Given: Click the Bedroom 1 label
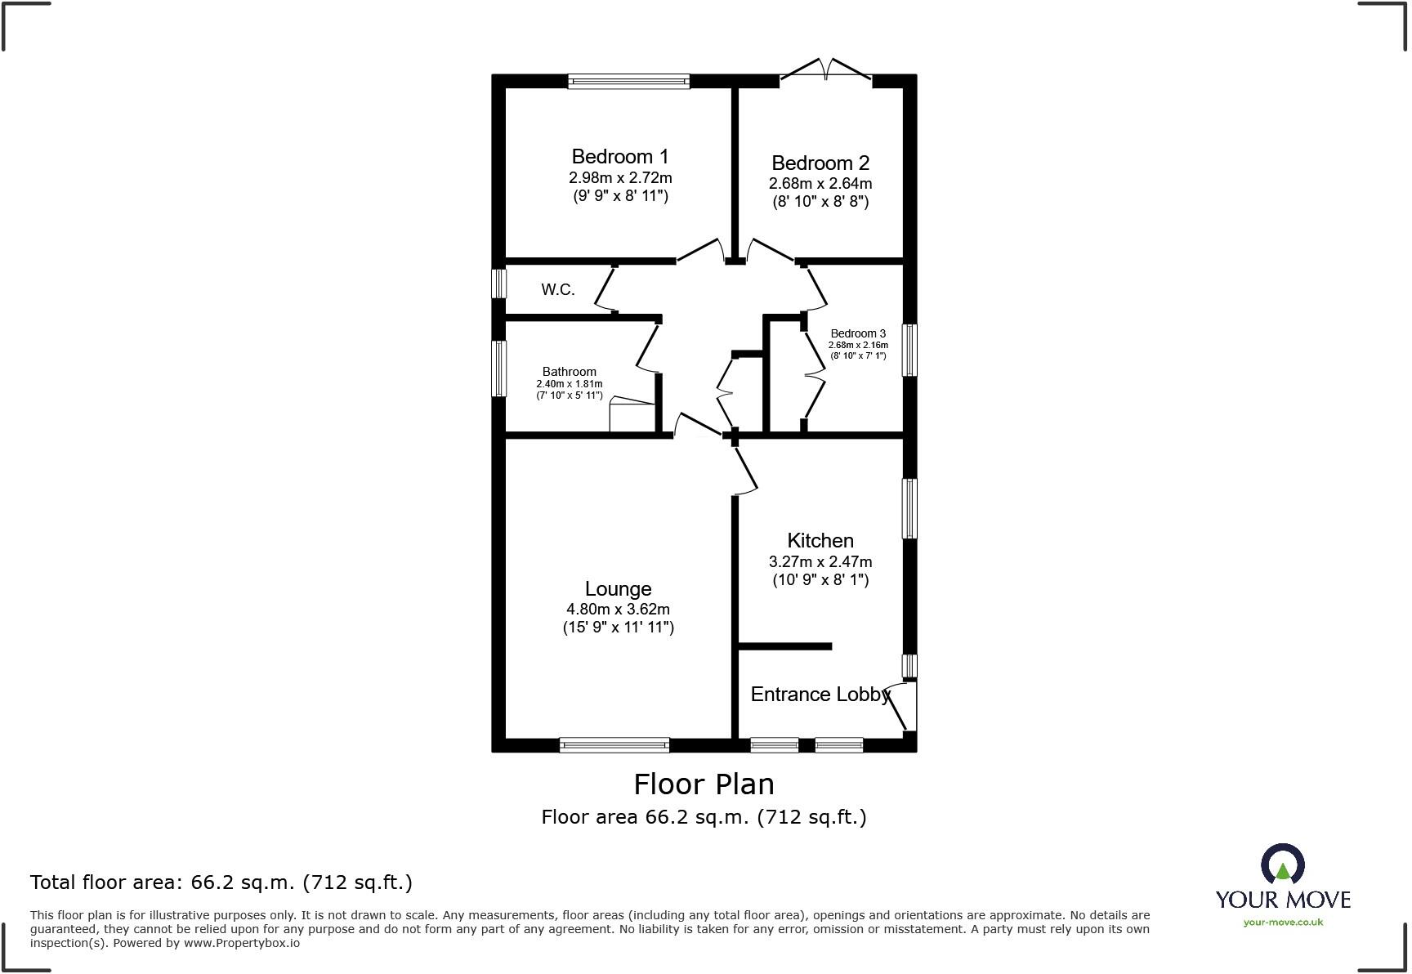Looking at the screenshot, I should click(619, 156).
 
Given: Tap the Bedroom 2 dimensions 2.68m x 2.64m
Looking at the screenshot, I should click(820, 184).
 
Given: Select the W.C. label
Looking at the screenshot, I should click(558, 289).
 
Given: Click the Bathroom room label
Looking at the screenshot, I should click(570, 372).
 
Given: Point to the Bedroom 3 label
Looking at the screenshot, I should click(857, 333).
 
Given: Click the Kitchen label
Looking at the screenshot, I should click(820, 540).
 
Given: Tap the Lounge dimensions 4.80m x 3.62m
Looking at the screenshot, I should click(618, 610).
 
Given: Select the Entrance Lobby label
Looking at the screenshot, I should click(820, 695).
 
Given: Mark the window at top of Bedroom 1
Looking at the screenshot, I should click(629, 81).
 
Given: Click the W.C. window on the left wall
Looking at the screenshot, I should click(498, 284).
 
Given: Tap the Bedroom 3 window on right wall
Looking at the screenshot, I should click(909, 351).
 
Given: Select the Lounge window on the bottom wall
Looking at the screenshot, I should click(614, 744).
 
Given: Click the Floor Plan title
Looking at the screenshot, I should click(704, 784).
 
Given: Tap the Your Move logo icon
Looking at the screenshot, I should click(1282, 865).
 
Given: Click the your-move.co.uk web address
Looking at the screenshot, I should click(1283, 923).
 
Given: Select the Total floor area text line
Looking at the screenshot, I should click(221, 882).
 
